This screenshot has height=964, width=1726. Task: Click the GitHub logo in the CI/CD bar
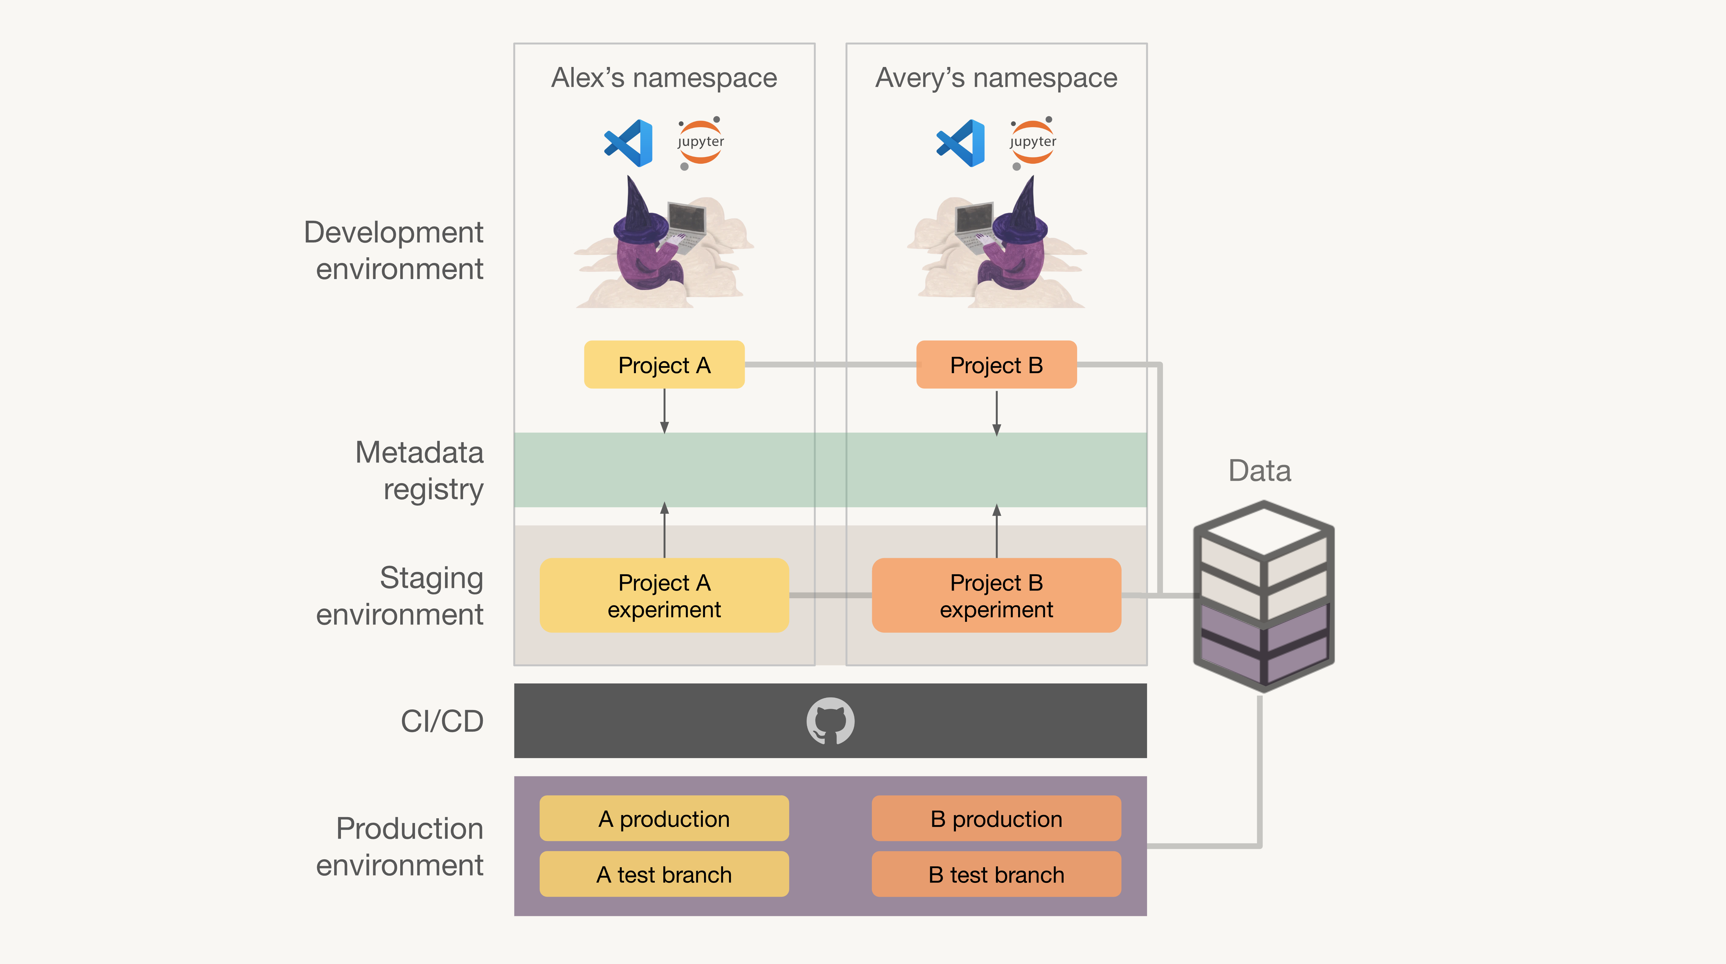(830, 721)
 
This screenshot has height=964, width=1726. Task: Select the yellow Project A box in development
(664, 364)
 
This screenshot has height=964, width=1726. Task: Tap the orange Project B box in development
(996, 364)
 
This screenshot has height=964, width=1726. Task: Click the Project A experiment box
(664, 595)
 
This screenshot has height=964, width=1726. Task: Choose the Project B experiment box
(996, 595)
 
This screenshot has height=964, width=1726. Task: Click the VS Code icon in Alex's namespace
(629, 143)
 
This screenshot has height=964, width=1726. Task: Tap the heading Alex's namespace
(664, 78)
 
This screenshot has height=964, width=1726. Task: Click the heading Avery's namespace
(996, 78)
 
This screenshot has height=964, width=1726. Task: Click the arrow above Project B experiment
(996, 531)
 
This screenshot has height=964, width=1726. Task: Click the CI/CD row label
(442, 721)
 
